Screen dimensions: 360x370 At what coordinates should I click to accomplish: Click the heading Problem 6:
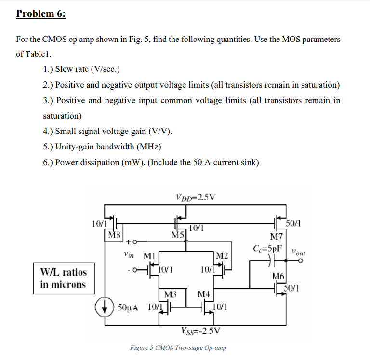pyautogui.click(x=41, y=13)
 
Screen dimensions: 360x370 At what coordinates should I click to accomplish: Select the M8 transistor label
pyautogui.click(x=114, y=235)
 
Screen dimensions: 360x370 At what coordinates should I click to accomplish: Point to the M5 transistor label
pyautogui.click(x=178, y=235)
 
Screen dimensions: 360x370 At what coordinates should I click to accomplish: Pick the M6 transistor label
pyautogui.click(x=278, y=276)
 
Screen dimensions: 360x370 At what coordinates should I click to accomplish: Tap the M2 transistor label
pyautogui.click(x=222, y=254)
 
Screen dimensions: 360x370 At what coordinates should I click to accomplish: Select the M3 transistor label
pyautogui.click(x=171, y=294)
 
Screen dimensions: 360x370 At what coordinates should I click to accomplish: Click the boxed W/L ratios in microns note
pyautogui.click(x=63, y=278)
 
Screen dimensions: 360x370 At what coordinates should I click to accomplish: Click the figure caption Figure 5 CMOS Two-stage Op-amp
pyautogui.click(x=178, y=347)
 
